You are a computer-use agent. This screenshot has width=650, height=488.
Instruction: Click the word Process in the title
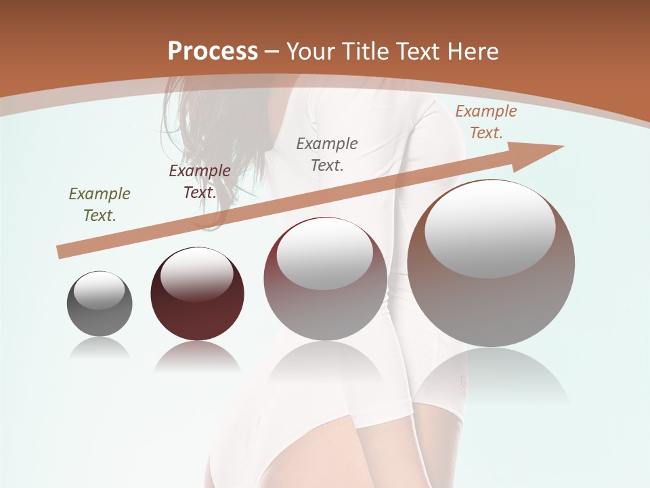pos(213,52)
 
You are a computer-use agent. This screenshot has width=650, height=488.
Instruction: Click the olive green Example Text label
pos(100,205)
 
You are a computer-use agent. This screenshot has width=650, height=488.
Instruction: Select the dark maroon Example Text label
pos(200,181)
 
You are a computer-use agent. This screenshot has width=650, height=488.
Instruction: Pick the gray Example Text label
pos(327,154)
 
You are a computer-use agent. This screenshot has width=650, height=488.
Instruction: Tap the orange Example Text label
pos(486,122)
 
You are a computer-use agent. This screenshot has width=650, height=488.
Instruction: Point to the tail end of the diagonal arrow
pos(63,251)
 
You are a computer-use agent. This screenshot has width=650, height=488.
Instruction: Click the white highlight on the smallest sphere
pos(100,290)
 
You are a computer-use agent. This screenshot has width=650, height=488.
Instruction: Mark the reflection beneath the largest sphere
pos(491,376)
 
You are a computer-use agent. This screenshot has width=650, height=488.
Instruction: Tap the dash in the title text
pos(273,52)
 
